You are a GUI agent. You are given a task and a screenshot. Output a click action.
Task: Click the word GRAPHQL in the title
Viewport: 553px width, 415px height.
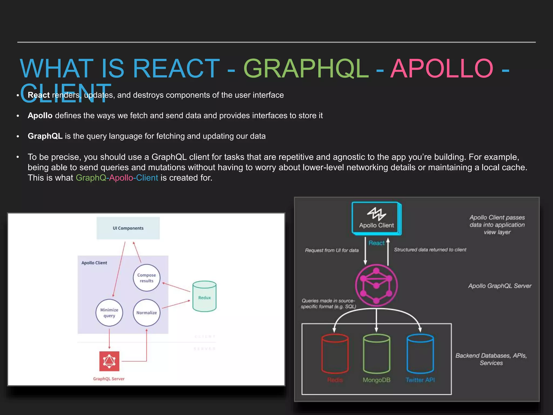pyautogui.click(x=306, y=69)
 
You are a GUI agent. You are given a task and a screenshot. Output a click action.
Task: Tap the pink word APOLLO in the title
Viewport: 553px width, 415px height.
pyautogui.click(x=442, y=69)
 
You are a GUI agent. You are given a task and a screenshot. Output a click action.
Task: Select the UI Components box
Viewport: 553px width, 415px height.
pyautogui.click(x=128, y=228)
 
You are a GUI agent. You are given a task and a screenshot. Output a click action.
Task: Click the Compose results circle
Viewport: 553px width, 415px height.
pyautogui.click(x=146, y=278)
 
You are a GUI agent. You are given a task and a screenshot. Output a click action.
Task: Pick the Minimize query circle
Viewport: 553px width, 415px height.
pyautogui.click(x=109, y=313)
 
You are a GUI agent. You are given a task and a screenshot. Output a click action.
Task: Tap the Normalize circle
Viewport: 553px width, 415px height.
pyautogui.click(x=146, y=313)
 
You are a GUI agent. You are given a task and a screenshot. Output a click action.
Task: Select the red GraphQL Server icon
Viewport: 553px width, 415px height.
pyautogui.click(x=109, y=361)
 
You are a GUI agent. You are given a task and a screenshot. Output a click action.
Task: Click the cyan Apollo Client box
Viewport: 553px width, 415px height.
pyautogui.click(x=376, y=218)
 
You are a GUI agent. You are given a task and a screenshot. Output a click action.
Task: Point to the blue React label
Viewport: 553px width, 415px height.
pyautogui.click(x=376, y=243)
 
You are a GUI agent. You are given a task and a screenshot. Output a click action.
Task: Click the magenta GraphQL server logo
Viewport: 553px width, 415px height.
pyautogui.click(x=376, y=285)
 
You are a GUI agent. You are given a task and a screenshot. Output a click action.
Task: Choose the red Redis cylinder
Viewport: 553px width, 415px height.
pyautogui.click(x=335, y=354)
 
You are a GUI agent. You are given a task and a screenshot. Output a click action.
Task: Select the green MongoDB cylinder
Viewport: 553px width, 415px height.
pyautogui.click(x=376, y=354)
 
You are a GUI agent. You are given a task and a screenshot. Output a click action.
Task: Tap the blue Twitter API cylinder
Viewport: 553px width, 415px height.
pyautogui.click(x=420, y=354)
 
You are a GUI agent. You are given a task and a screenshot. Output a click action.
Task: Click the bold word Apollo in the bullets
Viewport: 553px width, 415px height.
pyautogui.click(x=40, y=116)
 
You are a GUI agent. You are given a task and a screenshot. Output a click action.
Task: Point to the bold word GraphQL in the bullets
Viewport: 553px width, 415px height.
pyautogui.click(x=45, y=136)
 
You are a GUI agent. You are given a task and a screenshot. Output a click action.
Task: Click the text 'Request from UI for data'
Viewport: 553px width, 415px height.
pyautogui.click(x=332, y=250)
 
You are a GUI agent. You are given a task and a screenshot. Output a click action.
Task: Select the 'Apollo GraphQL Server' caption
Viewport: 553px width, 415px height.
pyautogui.click(x=500, y=286)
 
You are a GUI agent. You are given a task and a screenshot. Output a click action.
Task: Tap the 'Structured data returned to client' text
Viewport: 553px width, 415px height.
pyautogui.click(x=430, y=250)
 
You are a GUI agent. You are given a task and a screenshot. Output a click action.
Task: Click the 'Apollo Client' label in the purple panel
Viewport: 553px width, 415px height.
pyautogui.click(x=94, y=263)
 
